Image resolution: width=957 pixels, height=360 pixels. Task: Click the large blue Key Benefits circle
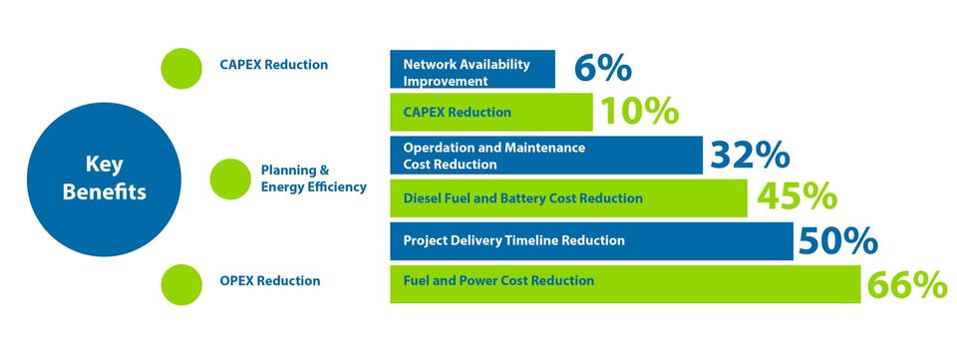click(104, 180)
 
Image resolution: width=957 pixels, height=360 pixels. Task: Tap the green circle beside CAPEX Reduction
click(181, 69)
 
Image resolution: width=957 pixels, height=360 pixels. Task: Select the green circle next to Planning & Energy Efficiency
click(230, 179)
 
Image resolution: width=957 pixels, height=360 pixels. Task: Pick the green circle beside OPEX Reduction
click(181, 284)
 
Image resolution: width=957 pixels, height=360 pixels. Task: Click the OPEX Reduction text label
click(270, 280)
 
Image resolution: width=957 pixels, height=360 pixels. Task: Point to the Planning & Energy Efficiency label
click(314, 179)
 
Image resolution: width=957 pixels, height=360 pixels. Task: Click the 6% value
click(602, 68)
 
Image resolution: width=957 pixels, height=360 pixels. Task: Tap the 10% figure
click(640, 111)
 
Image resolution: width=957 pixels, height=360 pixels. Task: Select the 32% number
click(750, 155)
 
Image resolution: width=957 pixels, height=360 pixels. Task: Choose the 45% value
click(797, 197)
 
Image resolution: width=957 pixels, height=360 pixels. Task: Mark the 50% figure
click(838, 241)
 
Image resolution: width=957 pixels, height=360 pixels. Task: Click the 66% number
click(907, 285)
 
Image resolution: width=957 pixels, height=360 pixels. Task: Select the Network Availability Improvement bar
click(473, 69)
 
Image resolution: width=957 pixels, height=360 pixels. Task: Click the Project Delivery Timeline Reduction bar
click(591, 241)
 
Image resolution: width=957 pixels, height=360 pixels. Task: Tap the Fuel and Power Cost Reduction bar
click(625, 284)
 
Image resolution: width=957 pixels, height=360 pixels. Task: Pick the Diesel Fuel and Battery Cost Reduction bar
click(568, 197)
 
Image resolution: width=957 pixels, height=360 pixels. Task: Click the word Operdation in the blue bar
click(435, 148)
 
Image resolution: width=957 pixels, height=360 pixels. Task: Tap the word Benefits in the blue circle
click(105, 192)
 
